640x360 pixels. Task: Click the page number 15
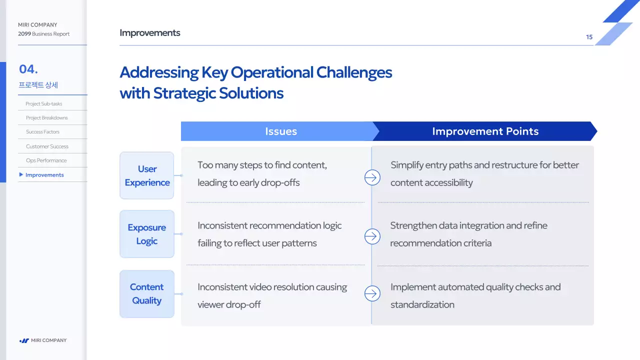pyautogui.click(x=589, y=37)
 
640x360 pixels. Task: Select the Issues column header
pyautogui.click(x=280, y=131)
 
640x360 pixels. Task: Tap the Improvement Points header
pyautogui.click(x=485, y=131)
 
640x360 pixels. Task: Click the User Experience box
pyautogui.click(x=147, y=175)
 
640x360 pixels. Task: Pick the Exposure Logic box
pyautogui.click(x=147, y=234)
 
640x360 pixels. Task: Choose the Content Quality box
pyautogui.click(x=147, y=293)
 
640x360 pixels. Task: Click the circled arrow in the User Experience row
pyautogui.click(x=372, y=177)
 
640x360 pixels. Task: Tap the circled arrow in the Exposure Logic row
pyautogui.click(x=372, y=236)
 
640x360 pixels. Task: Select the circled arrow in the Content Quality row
pyautogui.click(x=372, y=293)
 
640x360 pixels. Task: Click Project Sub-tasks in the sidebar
pyautogui.click(x=43, y=103)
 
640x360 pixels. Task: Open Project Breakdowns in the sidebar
pyautogui.click(x=47, y=117)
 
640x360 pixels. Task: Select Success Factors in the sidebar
pyautogui.click(x=42, y=131)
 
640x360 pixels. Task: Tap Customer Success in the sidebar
pyautogui.click(x=47, y=146)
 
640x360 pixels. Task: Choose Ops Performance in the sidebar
pyautogui.click(x=46, y=160)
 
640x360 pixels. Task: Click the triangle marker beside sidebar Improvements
pyautogui.click(x=21, y=174)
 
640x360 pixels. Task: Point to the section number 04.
pyautogui.click(x=28, y=69)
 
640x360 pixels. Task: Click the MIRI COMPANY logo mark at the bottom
pyautogui.click(x=24, y=340)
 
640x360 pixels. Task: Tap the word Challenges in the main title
pyautogui.click(x=354, y=72)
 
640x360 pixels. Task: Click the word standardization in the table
pyautogui.click(x=422, y=304)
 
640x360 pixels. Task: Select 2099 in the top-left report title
pyautogui.click(x=24, y=33)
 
